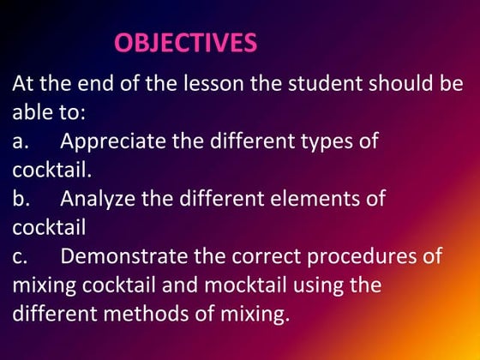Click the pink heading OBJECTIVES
pyautogui.click(x=185, y=43)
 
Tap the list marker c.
pyautogui.click(x=21, y=257)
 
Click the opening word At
pyautogui.click(x=23, y=85)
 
